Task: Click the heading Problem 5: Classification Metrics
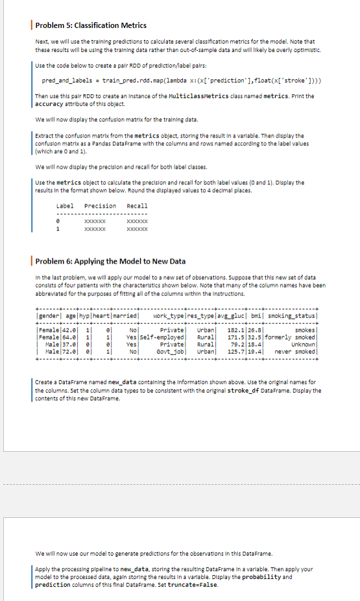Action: tap(86, 25)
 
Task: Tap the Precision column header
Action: tap(101, 206)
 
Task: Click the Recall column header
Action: tap(137, 206)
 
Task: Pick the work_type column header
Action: tap(171, 298)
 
